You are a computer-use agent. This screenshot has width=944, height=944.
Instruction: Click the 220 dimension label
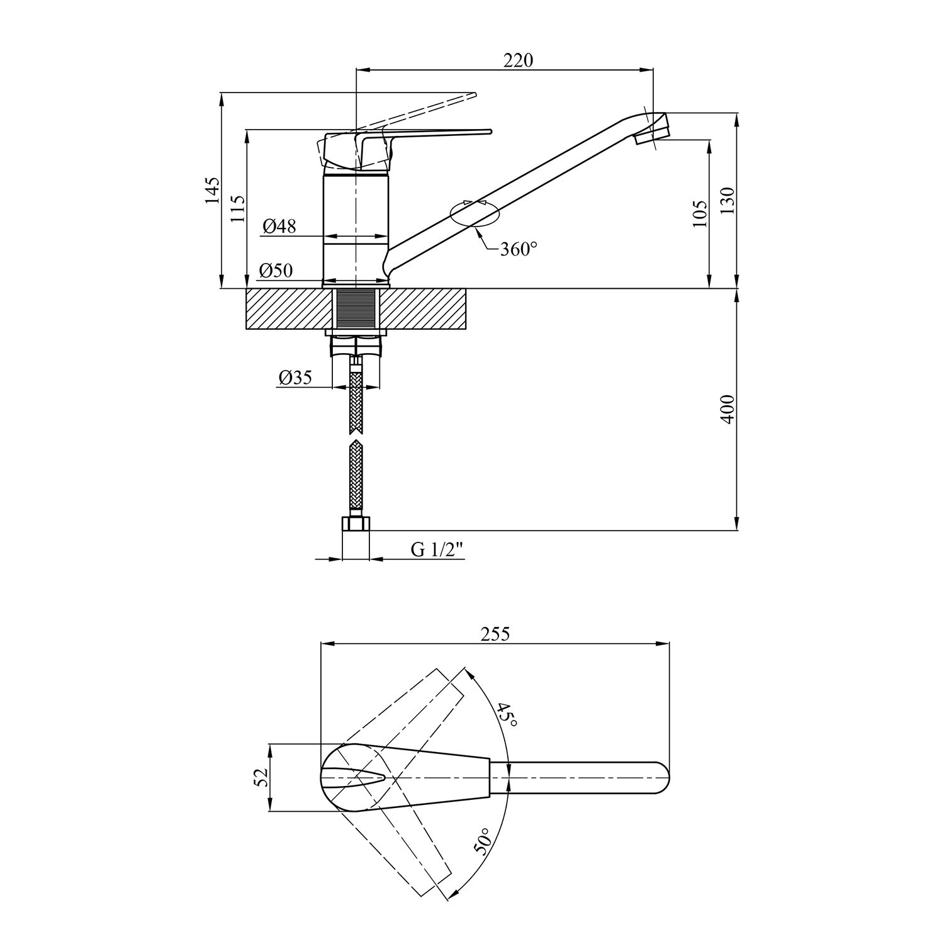tap(518, 60)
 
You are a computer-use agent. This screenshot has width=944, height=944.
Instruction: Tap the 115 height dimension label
tap(237, 208)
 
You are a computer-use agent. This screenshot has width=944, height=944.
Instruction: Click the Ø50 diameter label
tap(276, 271)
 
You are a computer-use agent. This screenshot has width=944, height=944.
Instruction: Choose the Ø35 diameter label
tap(295, 378)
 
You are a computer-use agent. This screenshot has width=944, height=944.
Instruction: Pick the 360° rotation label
tap(519, 249)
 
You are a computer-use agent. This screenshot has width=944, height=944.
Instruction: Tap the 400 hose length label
tap(728, 409)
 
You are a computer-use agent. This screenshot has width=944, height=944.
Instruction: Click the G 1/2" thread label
tap(437, 549)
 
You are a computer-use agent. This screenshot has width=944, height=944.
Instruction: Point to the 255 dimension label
tap(494, 634)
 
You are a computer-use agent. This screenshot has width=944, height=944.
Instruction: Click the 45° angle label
tap(507, 716)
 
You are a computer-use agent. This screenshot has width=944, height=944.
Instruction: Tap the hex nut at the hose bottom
tap(356, 525)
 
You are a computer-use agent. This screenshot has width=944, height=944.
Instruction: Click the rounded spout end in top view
tap(658, 778)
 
